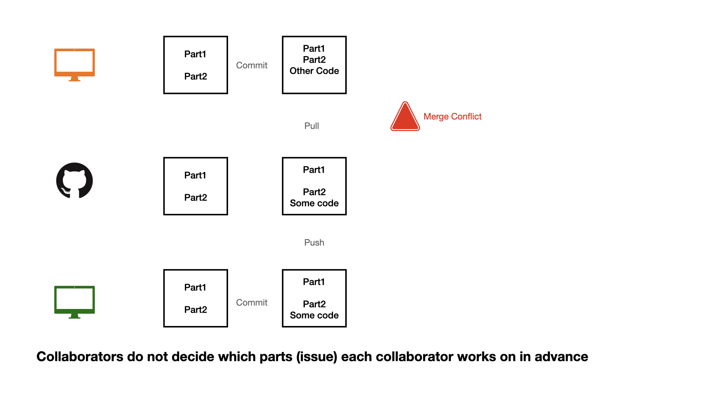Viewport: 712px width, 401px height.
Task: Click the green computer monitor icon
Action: [74, 299]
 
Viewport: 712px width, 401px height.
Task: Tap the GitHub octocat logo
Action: [74, 181]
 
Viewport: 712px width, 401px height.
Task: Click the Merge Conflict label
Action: [452, 117]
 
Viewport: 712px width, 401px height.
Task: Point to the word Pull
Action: [311, 126]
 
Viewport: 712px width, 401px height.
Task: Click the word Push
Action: [314, 242]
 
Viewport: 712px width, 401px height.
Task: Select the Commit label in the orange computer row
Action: [251, 65]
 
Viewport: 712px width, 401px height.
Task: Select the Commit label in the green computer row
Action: [251, 303]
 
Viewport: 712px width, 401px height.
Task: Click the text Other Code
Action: [314, 71]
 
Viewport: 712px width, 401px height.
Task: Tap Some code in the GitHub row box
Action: [314, 203]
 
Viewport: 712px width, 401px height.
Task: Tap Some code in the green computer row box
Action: [314, 315]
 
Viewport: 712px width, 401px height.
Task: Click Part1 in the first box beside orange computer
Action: [195, 54]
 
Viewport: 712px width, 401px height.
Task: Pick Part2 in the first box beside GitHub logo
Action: [195, 198]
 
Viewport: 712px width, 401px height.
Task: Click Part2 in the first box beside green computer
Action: [195, 310]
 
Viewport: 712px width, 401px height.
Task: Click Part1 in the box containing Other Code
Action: [314, 49]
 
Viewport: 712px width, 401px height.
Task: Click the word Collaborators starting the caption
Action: [80, 357]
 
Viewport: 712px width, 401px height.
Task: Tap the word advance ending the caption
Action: [561, 357]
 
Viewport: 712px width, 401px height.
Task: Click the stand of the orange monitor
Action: [74, 79]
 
